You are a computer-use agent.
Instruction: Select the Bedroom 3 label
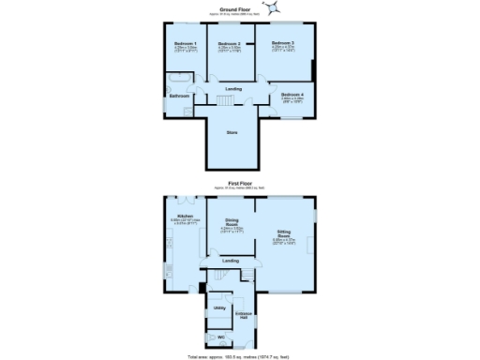pyautogui.click(x=283, y=43)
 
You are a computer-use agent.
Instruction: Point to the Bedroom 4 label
pyautogui.click(x=293, y=95)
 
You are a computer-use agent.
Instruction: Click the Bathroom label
pyautogui.click(x=179, y=97)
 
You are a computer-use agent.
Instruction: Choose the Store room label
pyautogui.click(x=232, y=132)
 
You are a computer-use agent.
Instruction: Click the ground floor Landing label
pyautogui.click(x=233, y=88)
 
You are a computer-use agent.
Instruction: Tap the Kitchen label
pyautogui.click(x=181, y=217)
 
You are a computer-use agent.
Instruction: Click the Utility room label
pyautogui.click(x=219, y=307)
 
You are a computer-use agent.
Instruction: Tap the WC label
pyautogui.click(x=221, y=337)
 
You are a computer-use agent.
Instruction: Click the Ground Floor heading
pyautogui.click(x=233, y=7)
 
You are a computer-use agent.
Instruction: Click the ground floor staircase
pyautogui.click(x=226, y=100)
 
